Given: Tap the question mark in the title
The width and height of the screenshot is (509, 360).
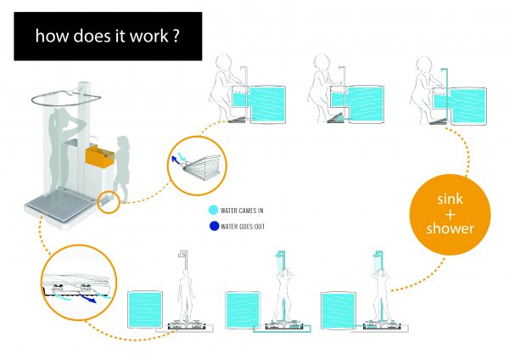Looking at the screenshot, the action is [176, 36].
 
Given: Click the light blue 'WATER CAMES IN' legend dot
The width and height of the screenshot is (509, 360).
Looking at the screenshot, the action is [213, 210].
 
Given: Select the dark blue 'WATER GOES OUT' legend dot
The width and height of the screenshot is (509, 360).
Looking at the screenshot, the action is [215, 226].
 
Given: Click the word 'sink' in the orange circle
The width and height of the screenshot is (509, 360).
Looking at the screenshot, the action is [450, 199].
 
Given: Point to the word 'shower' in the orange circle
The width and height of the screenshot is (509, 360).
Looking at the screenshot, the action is [450, 228].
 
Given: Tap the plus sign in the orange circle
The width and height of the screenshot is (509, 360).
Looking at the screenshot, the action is [450, 215].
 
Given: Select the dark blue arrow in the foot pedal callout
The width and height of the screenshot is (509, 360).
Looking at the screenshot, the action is [176, 160].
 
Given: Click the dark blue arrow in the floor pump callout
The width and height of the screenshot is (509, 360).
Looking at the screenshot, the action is [87, 299].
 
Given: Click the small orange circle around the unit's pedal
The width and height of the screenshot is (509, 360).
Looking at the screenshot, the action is [109, 202].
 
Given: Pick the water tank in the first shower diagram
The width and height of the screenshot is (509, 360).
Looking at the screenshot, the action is [145, 310].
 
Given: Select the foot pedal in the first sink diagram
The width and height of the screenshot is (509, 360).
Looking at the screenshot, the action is [238, 120].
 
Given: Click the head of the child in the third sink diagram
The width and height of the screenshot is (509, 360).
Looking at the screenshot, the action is [424, 64].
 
